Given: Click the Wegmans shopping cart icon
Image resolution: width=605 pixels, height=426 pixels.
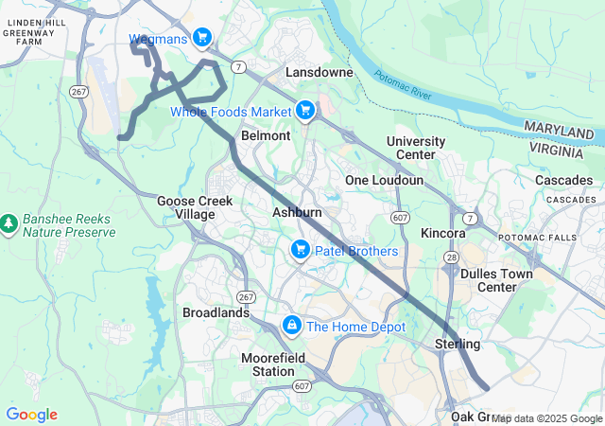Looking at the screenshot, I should point(201,38).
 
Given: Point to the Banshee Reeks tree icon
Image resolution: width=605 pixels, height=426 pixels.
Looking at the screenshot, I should point(9,223).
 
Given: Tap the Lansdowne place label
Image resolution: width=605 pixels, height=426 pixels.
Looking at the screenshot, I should point(320,72).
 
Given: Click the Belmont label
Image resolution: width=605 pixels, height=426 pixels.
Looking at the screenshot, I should point(266,135).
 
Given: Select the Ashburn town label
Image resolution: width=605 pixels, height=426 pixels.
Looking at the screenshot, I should point(298,213).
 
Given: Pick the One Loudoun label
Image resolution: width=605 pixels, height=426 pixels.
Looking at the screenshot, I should point(385,180).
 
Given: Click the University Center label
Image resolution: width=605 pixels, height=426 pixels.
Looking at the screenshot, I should point(416,148).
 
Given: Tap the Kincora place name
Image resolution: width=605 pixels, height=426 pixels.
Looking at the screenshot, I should point(443,233).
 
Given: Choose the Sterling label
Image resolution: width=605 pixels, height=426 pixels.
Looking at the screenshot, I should point(458,343).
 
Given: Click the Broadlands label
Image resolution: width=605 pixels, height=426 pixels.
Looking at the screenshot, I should point(216,312).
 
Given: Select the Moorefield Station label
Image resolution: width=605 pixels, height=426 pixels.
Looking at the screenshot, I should point(268,364).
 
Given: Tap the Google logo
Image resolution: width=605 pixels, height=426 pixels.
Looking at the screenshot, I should point(31,415).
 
